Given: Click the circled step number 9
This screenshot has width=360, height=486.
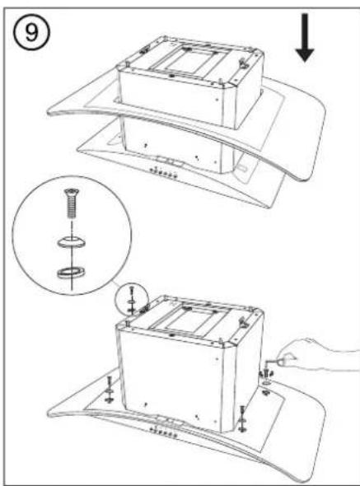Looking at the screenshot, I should coord(31,33).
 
